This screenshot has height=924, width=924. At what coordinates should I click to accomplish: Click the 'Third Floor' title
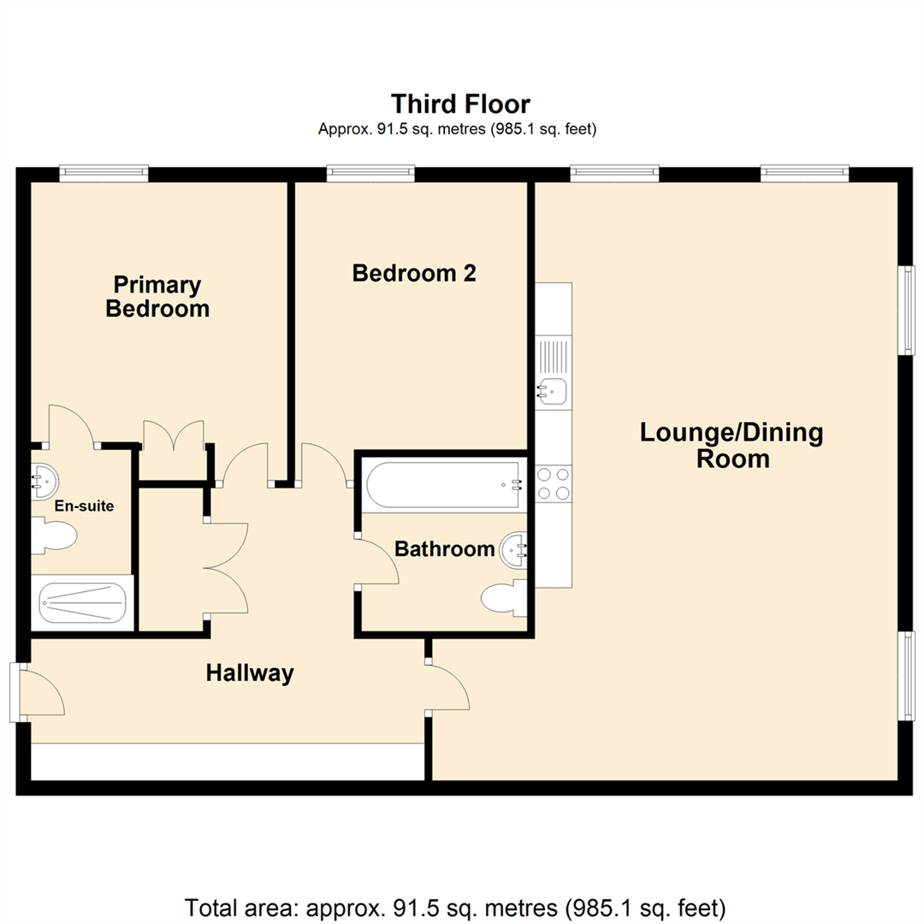click(460, 104)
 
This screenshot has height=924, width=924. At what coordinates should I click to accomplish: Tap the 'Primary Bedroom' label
click(157, 296)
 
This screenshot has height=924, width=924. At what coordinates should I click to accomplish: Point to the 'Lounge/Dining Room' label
click(731, 445)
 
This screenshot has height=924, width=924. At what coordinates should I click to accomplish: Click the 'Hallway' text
click(250, 673)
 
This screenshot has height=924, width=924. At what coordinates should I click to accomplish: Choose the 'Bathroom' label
click(444, 548)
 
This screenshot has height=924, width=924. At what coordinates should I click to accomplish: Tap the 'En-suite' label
click(84, 506)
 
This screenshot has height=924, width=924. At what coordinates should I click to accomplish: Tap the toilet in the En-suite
click(56, 536)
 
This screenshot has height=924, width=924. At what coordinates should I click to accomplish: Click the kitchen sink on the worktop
click(552, 392)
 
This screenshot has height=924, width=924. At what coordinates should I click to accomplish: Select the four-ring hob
click(553, 483)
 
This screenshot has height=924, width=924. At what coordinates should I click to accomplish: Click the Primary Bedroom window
click(104, 174)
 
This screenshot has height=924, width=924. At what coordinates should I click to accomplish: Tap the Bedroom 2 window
click(370, 174)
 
